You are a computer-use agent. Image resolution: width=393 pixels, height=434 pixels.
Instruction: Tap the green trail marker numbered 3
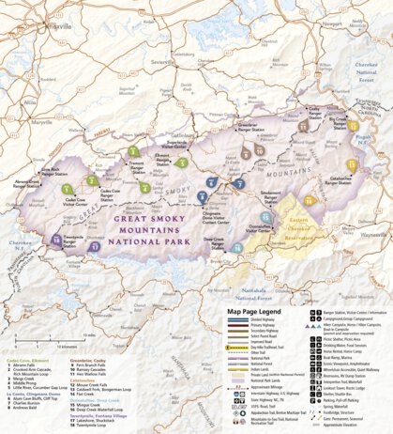point(134,150)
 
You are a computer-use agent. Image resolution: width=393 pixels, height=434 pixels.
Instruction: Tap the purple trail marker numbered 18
point(56,241)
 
